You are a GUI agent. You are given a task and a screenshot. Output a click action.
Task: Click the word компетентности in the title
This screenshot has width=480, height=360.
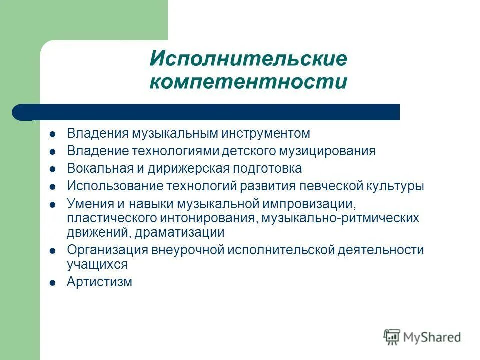(248, 82)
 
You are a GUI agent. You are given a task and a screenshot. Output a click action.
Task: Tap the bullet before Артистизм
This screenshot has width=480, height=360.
(53, 283)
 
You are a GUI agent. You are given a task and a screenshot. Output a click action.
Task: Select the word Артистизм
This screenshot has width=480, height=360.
(99, 282)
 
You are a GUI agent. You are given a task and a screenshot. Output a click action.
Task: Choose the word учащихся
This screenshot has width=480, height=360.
(97, 264)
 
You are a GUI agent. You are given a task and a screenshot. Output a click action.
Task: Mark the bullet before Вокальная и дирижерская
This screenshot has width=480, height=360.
(53, 169)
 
